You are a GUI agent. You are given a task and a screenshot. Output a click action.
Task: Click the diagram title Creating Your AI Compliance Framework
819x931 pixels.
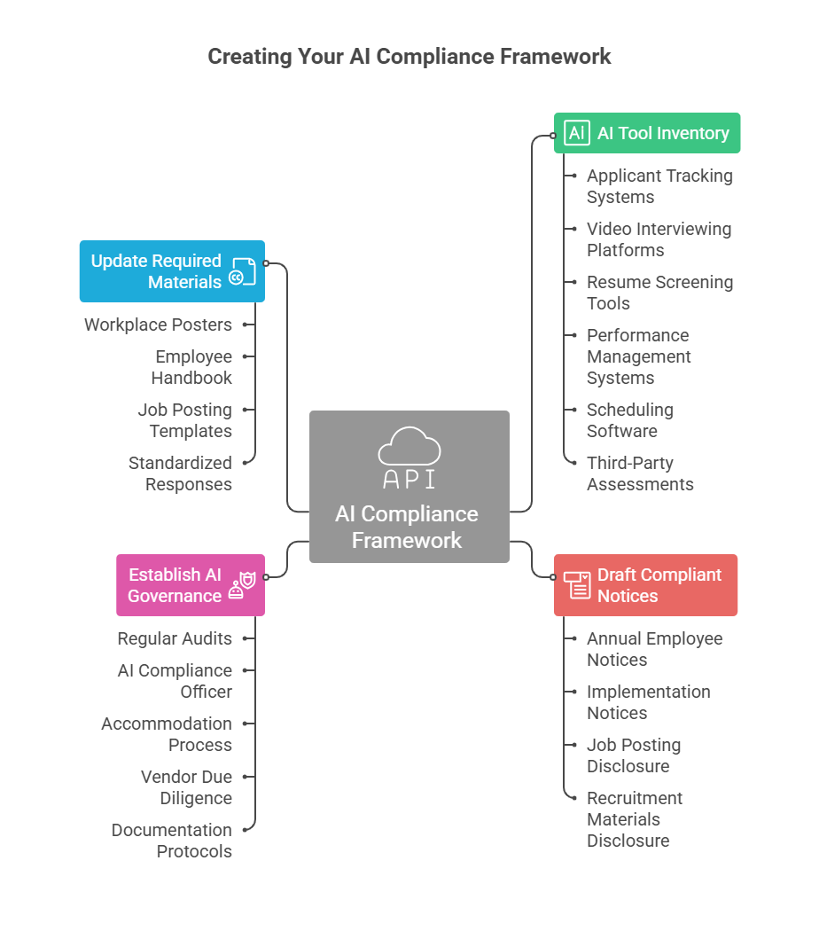[x=409, y=57]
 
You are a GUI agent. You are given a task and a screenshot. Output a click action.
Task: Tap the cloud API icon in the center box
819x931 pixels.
[x=409, y=458]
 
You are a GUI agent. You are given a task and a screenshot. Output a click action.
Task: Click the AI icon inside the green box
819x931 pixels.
[x=576, y=133]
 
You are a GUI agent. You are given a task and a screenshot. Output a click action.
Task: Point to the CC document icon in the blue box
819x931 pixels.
[x=242, y=272]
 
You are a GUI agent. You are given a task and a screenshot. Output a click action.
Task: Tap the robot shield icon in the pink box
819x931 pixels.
[x=242, y=585]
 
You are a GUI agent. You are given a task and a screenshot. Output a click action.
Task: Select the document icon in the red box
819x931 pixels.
[x=578, y=585]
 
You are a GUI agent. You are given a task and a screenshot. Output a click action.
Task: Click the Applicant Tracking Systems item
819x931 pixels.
[x=659, y=186]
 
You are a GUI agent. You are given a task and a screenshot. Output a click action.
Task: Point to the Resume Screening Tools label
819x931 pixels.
[x=659, y=293]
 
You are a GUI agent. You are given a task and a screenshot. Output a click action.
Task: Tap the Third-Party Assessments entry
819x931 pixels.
[x=639, y=473]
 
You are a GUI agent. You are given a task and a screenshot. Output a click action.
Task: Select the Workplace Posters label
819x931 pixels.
[x=158, y=325]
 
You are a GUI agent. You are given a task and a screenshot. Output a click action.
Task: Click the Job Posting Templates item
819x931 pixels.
[x=184, y=420]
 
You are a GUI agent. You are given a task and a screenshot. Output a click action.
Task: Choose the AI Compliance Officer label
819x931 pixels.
[x=175, y=681]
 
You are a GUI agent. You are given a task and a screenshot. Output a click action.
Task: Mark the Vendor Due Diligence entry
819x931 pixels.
[x=186, y=787]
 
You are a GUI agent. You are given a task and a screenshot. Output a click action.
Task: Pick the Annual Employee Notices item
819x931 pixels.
[x=653, y=649]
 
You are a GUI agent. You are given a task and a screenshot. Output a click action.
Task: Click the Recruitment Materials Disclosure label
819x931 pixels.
[x=634, y=819]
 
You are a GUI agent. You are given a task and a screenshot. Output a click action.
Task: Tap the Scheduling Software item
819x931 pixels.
[x=629, y=420]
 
